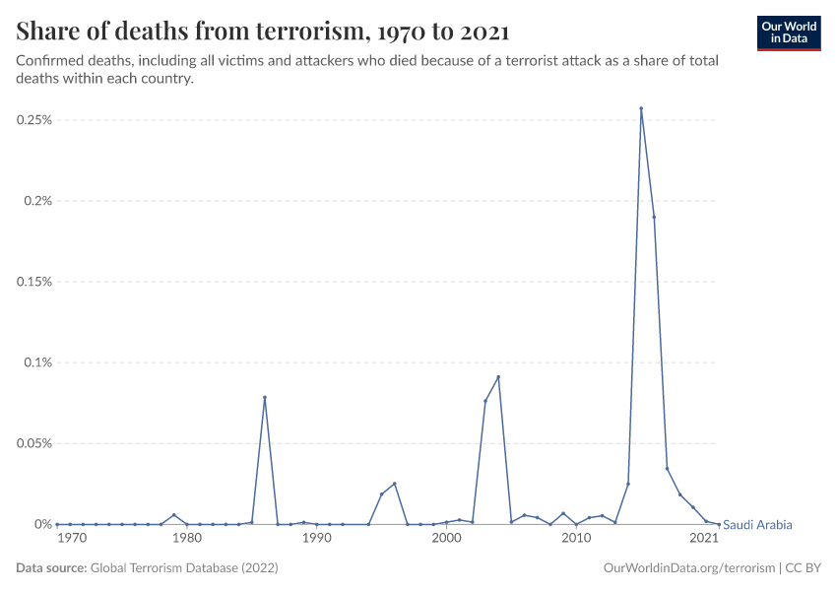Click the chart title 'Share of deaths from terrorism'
pyautogui.click(x=263, y=32)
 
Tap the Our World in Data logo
pyautogui.click(x=788, y=32)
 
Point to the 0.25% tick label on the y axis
pyautogui.click(x=33, y=120)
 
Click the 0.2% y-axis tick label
pyautogui.click(x=37, y=201)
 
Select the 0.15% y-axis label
pyautogui.click(x=33, y=282)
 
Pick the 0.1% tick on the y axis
pyautogui.click(x=37, y=362)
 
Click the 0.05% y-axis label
pyautogui.click(x=33, y=443)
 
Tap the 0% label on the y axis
pyautogui.click(x=42, y=524)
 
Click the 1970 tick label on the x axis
pyautogui.click(x=70, y=539)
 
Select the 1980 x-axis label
pyautogui.click(x=187, y=539)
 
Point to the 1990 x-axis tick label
pyautogui.click(x=316, y=539)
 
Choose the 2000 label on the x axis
pyautogui.click(x=446, y=539)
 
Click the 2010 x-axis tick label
pyautogui.click(x=576, y=539)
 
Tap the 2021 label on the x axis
pyautogui.click(x=703, y=539)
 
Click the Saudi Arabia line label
pyautogui.click(x=757, y=525)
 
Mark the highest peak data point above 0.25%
pyautogui.click(x=641, y=108)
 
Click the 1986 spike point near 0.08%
pyautogui.click(x=265, y=397)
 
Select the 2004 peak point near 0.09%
pyautogui.click(x=498, y=377)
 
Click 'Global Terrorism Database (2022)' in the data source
pyautogui.click(x=183, y=568)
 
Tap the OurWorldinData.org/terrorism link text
pyautogui.click(x=686, y=568)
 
